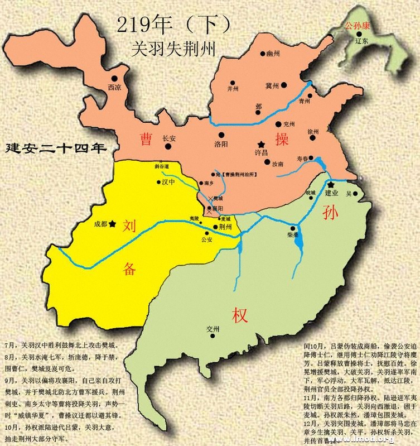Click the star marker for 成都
point(113,223)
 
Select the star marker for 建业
point(331,184)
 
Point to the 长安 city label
point(169,140)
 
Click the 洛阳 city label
point(221,143)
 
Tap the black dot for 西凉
point(114,79)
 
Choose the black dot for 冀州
point(284,85)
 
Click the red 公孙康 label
point(358,25)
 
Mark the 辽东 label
point(361,41)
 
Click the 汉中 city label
point(169,182)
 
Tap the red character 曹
point(147,138)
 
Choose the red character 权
point(240,315)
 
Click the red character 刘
point(130,225)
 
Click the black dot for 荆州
point(216,227)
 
